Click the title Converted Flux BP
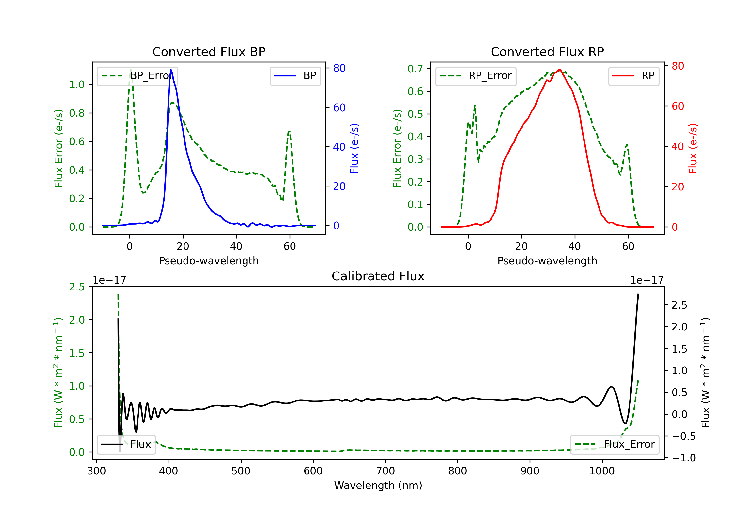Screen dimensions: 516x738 tap(209, 52)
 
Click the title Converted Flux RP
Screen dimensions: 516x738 tap(547, 52)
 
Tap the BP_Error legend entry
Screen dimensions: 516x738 tap(138, 76)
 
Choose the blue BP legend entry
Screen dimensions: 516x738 tap(295, 76)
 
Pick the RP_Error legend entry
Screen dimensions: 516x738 tap(476, 76)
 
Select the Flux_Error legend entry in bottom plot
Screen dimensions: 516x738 tap(615, 444)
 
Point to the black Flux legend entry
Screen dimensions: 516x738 tap(126, 444)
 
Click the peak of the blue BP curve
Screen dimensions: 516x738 tap(171, 70)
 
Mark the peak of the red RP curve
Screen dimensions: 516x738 tap(560, 70)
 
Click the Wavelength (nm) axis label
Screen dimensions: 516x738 tap(378, 485)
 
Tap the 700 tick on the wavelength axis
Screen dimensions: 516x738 tap(385, 471)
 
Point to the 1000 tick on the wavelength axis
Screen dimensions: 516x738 tap(602, 471)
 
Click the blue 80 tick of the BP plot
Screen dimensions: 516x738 tap(339, 68)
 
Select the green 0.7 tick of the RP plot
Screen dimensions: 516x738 tap(415, 69)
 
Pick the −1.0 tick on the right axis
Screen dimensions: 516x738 tap(683, 458)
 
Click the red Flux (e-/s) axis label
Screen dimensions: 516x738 tap(693, 148)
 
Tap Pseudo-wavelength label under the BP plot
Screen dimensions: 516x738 tap(209, 261)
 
